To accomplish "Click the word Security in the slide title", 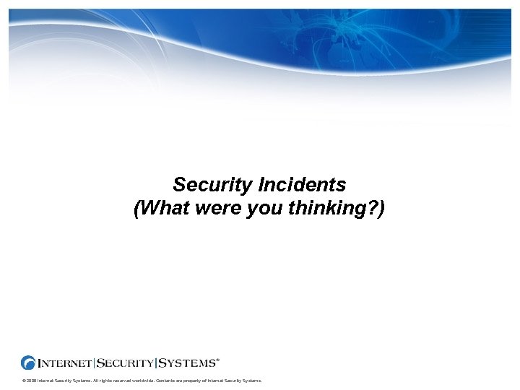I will pyautogui.click(x=209, y=186).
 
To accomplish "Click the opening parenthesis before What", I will pyautogui.click(x=137, y=210).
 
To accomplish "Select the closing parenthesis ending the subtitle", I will pyautogui.click(x=382, y=210).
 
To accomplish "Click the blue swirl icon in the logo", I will pyautogui.click(x=28, y=363).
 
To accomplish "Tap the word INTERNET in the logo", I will pyautogui.click(x=65, y=363).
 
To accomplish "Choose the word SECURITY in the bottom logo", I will pyautogui.click(x=124, y=363).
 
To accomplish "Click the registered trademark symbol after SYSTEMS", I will pyautogui.click(x=218, y=358).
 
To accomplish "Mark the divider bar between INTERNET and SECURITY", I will pyautogui.click(x=95, y=363).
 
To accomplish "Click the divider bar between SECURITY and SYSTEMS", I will pyautogui.click(x=155, y=363).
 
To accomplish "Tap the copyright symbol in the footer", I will pyautogui.click(x=24, y=381).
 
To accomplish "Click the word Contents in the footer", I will pyautogui.click(x=165, y=381).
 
